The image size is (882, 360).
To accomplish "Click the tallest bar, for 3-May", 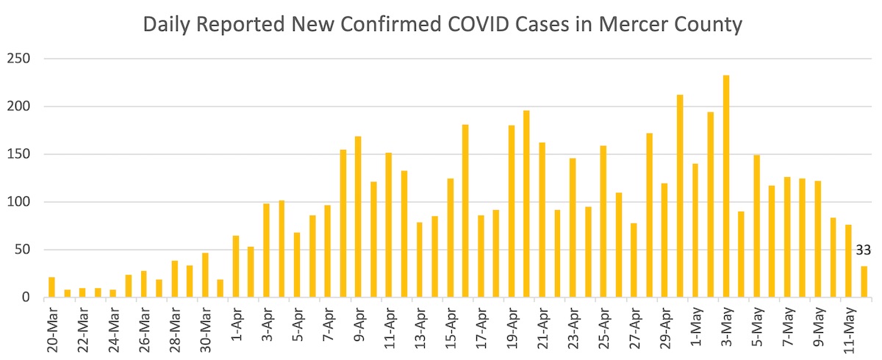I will tap(726, 187).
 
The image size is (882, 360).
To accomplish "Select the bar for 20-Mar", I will tap(51, 287).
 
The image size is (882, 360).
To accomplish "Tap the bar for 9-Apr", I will tap(358, 217).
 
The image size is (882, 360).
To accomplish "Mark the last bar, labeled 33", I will tap(864, 282).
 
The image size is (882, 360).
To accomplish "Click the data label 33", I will tap(863, 251).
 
